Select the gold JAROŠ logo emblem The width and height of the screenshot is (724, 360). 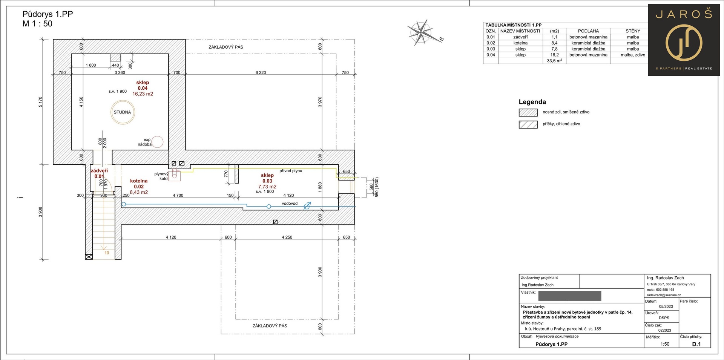684,42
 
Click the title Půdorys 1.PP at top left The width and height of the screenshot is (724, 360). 48,14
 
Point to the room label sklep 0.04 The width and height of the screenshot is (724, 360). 143,85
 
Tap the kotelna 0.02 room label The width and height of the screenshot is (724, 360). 139,184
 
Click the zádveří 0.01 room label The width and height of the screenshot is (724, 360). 99,173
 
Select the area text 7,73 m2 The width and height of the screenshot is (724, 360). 267,187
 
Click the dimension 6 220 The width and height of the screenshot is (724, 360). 261,72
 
